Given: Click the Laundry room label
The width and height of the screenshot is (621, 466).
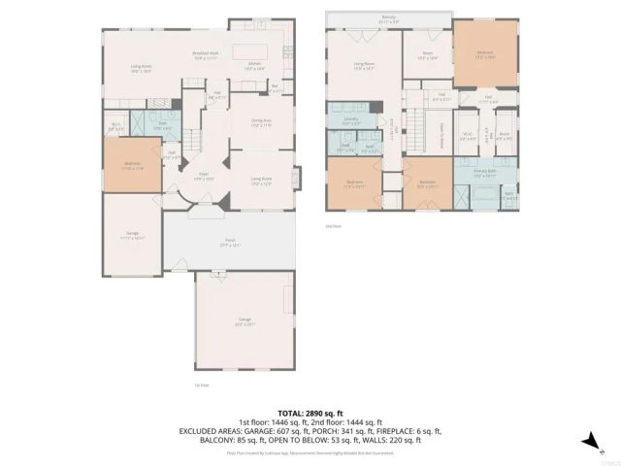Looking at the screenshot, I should click(x=350, y=122).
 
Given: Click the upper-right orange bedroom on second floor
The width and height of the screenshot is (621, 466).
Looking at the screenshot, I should click(x=485, y=55).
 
